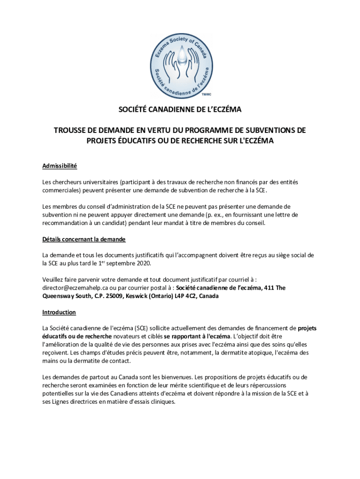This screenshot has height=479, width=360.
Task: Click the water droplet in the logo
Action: coord(180,55)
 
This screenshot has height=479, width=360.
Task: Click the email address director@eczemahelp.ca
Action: coord(75,288)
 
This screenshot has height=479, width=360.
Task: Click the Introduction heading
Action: coord(59,312)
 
